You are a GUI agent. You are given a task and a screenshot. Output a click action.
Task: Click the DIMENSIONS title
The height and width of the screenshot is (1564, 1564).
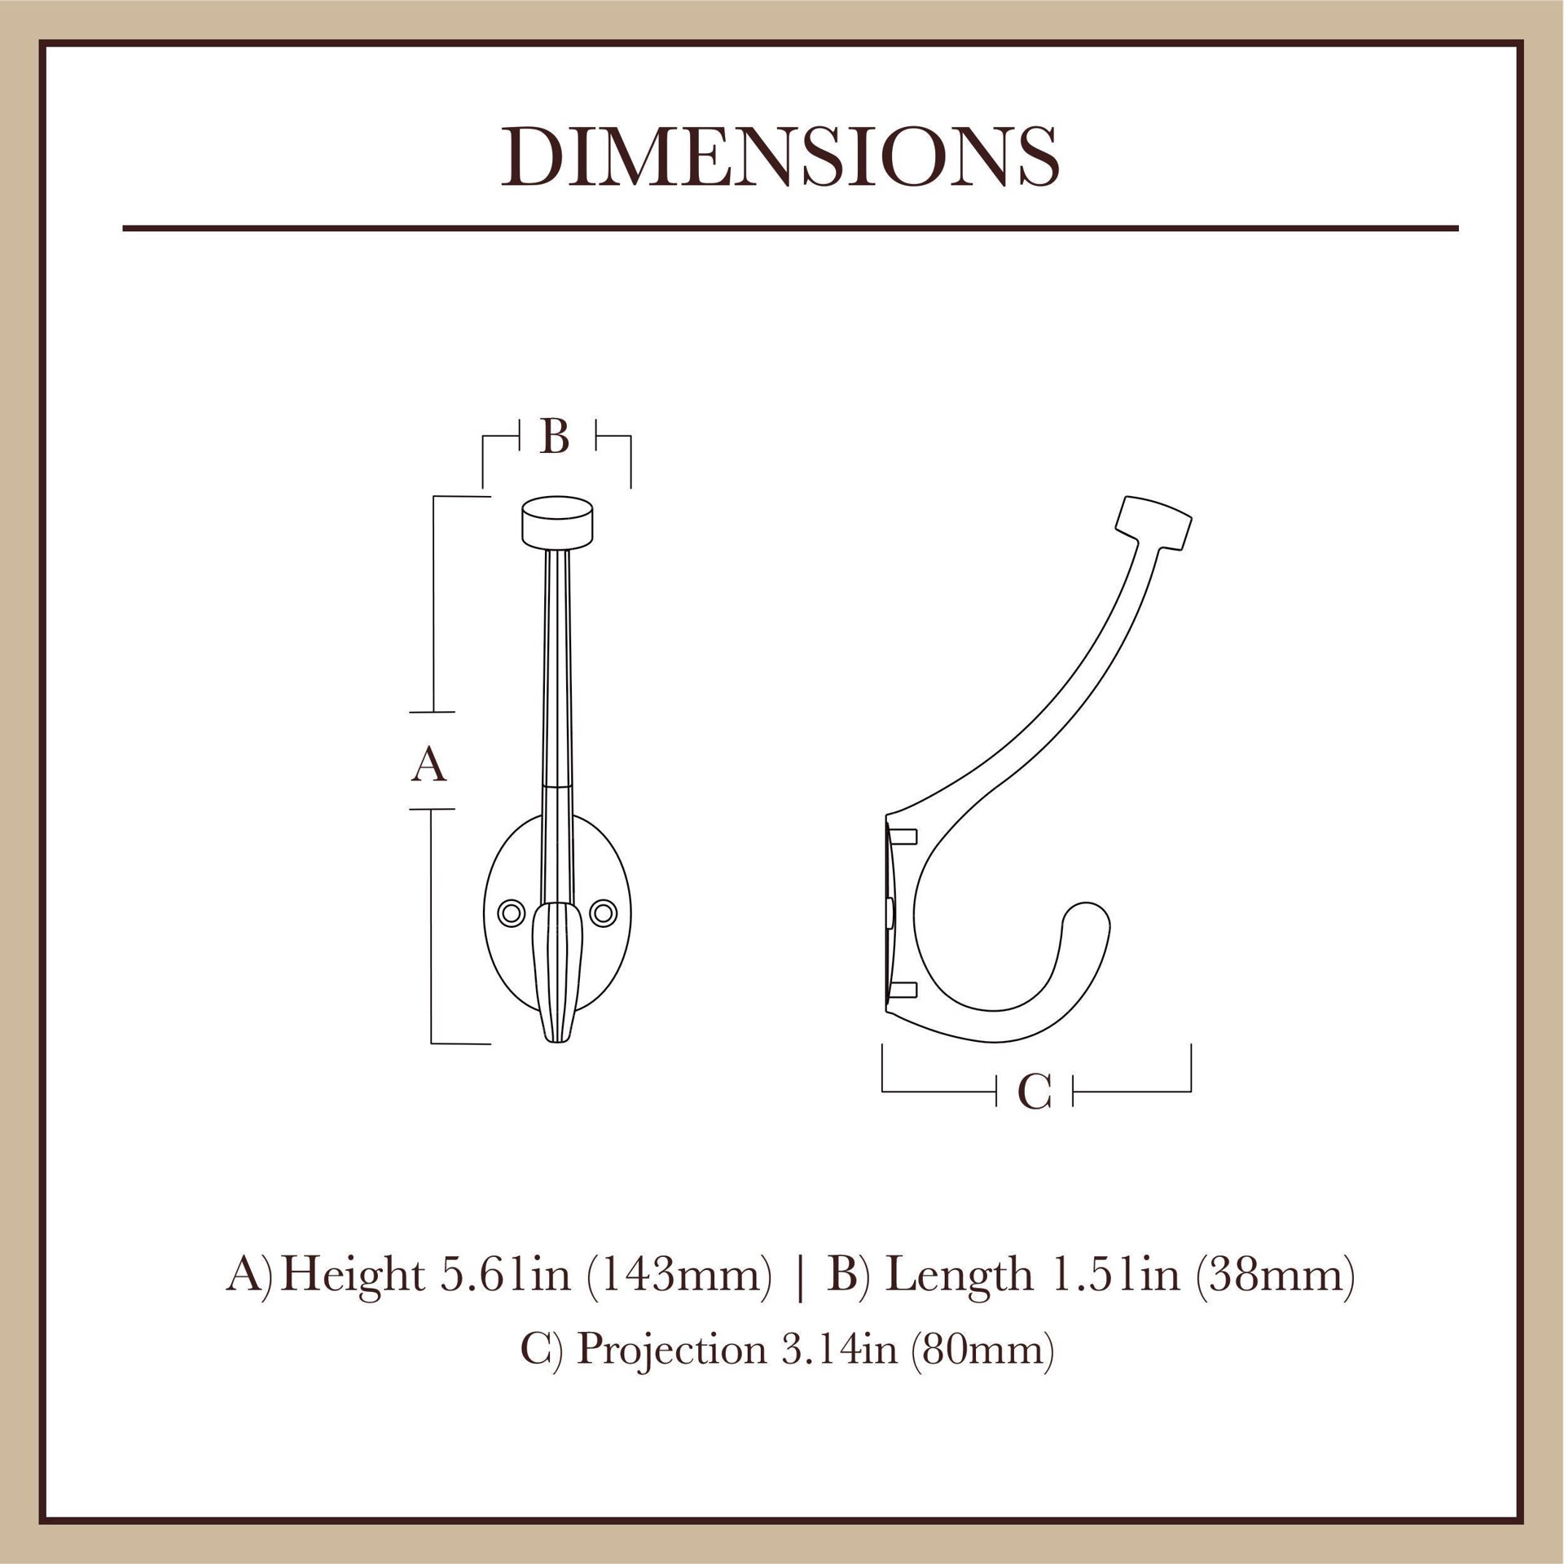780,157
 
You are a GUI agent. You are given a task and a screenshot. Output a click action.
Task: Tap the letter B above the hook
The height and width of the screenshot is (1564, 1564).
555,437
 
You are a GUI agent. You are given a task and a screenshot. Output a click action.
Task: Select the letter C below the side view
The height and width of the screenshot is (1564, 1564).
1035,1092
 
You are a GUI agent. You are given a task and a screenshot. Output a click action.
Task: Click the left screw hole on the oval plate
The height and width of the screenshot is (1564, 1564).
512,913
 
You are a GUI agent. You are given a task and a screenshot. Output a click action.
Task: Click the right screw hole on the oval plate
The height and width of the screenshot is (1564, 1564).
604,913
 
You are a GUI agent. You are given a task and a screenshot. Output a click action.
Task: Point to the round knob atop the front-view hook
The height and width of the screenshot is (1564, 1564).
557,522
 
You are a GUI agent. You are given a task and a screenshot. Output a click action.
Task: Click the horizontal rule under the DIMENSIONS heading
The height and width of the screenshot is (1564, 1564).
790,229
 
